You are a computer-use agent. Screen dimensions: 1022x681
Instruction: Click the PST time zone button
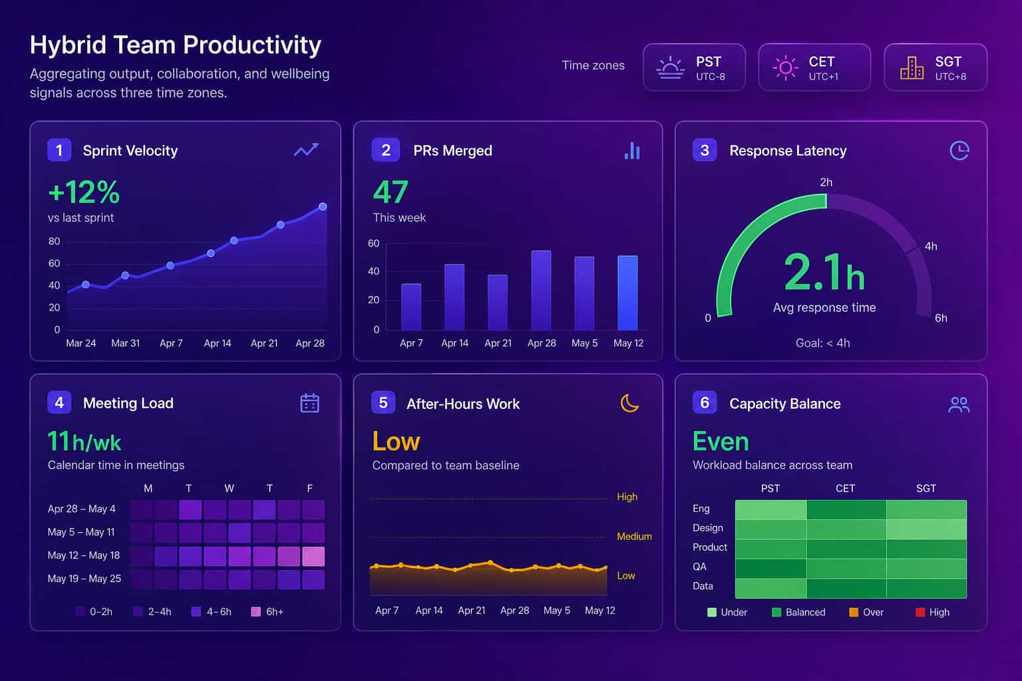[694, 67]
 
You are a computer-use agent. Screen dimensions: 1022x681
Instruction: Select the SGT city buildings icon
[912, 68]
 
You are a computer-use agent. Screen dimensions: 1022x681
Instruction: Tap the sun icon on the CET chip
[785, 68]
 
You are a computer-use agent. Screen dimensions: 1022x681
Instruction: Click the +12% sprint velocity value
[84, 192]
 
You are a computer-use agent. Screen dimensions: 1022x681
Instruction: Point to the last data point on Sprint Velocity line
[323, 207]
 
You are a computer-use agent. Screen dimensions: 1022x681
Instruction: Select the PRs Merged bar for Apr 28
[541, 290]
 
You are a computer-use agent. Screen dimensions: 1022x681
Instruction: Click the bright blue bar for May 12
[627, 293]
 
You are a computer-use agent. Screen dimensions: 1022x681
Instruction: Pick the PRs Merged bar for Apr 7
[411, 307]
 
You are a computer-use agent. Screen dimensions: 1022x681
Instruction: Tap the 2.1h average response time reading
[824, 272]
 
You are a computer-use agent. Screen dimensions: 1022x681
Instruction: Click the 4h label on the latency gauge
[931, 246]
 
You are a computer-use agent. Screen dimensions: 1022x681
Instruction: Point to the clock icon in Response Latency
[959, 150]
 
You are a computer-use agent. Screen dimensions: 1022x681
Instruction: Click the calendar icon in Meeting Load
[310, 403]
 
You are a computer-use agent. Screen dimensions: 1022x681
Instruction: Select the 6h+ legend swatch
[256, 612]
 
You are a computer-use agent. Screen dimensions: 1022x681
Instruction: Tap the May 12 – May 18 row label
[84, 555]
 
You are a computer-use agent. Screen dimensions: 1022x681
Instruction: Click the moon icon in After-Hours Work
[629, 403]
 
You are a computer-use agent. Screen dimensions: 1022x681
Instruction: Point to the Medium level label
[634, 537]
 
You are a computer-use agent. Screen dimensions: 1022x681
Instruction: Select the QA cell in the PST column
[770, 569]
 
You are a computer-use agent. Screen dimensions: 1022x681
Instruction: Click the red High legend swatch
[920, 612]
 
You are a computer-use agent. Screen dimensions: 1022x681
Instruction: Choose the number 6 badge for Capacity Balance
[705, 402]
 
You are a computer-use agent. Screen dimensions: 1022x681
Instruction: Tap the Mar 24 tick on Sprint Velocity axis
[81, 343]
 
